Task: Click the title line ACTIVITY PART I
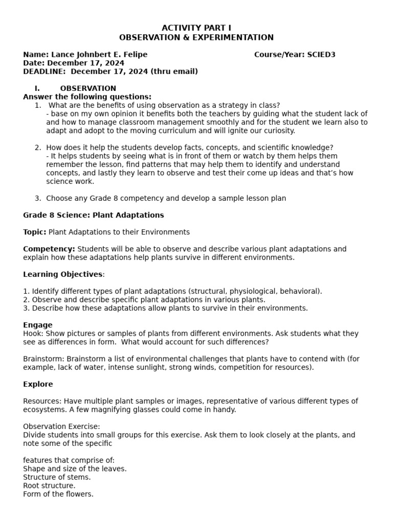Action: (x=196, y=28)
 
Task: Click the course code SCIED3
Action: (x=321, y=55)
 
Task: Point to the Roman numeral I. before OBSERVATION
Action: (x=37, y=88)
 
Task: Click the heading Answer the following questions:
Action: (x=87, y=97)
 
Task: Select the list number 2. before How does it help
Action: (x=38, y=148)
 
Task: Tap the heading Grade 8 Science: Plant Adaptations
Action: (x=94, y=215)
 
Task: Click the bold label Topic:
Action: (x=35, y=232)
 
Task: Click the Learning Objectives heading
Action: (x=63, y=274)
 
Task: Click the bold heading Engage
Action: (x=38, y=325)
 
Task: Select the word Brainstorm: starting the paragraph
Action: (x=44, y=359)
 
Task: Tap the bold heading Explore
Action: (x=38, y=384)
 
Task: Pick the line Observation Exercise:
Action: (x=61, y=426)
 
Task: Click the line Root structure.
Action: (x=49, y=486)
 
